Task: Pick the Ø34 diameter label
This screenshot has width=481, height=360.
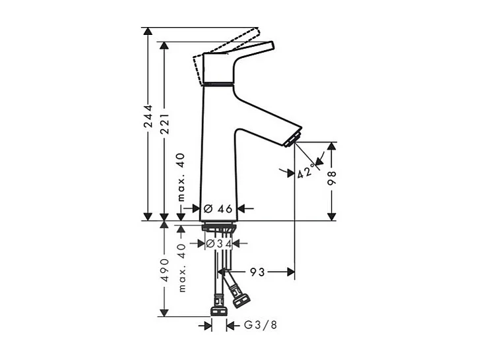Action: point(218,244)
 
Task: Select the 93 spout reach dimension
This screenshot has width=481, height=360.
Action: point(256,271)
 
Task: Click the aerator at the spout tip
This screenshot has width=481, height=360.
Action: point(292,139)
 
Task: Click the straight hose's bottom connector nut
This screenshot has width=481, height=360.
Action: point(218,310)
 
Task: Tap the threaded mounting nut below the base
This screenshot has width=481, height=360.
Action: point(218,228)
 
